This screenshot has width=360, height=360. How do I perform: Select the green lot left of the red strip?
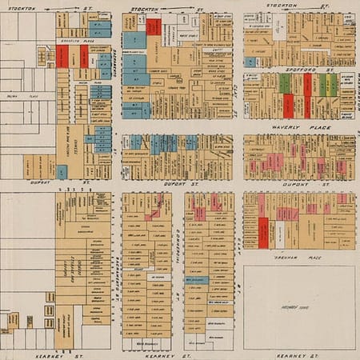(285, 83)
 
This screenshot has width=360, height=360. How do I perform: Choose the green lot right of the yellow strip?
(333, 85)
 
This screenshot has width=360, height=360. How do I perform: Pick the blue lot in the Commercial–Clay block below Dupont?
(196, 281)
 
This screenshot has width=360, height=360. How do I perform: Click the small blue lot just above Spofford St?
(250, 62)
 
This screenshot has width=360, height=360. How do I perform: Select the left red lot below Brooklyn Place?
(62, 56)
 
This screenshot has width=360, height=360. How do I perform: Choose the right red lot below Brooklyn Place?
(83, 56)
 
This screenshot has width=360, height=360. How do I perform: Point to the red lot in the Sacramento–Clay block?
(154, 26)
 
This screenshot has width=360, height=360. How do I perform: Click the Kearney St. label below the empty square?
(300, 353)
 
